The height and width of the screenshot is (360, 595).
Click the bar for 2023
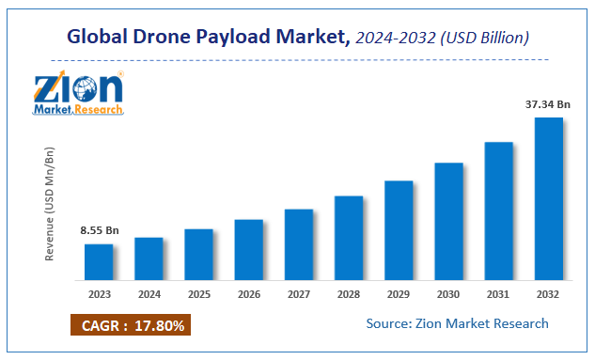[x=99, y=262]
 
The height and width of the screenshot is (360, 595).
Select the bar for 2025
[x=198, y=255]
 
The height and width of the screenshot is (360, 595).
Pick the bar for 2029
[x=399, y=230]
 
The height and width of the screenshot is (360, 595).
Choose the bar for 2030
[x=448, y=222]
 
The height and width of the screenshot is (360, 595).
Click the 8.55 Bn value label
[x=98, y=230]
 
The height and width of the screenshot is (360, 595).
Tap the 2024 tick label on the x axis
[x=149, y=293]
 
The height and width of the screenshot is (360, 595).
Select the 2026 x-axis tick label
[x=248, y=293]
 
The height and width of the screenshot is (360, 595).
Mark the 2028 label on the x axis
[x=349, y=293]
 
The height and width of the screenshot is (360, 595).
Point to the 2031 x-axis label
[x=498, y=293]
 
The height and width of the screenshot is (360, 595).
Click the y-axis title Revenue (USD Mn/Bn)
[x=50, y=204]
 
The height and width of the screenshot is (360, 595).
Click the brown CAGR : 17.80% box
[x=131, y=326]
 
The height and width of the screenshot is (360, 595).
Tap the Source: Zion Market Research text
[x=458, y=323]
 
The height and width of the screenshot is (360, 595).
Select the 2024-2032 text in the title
[x=393, y=39]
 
